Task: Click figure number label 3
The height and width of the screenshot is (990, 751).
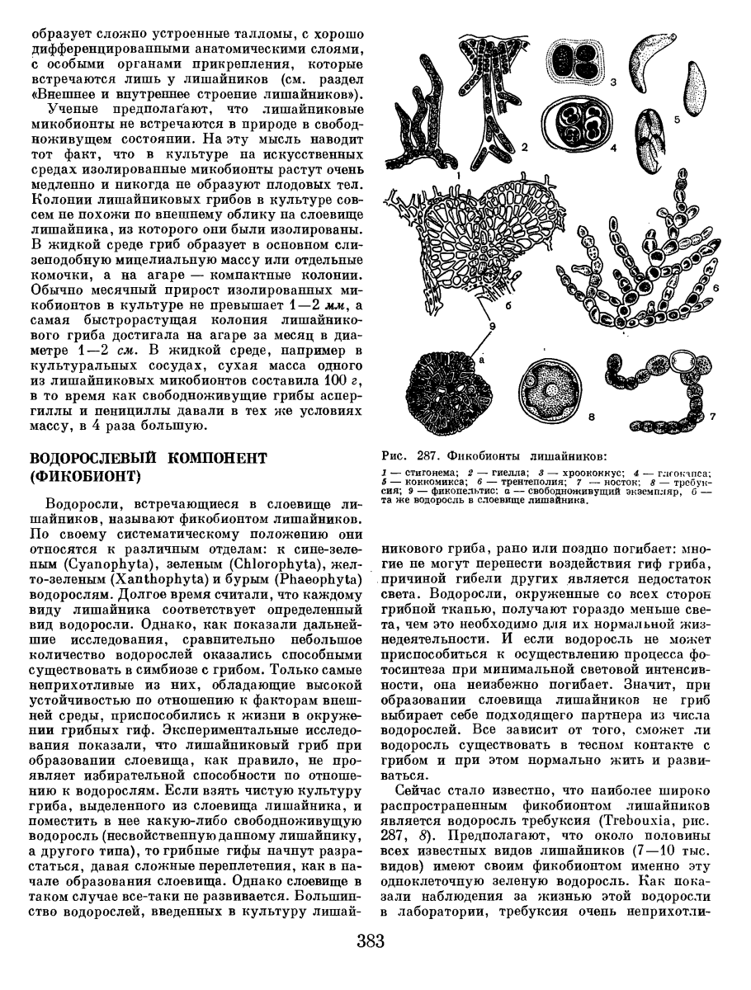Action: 613,82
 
